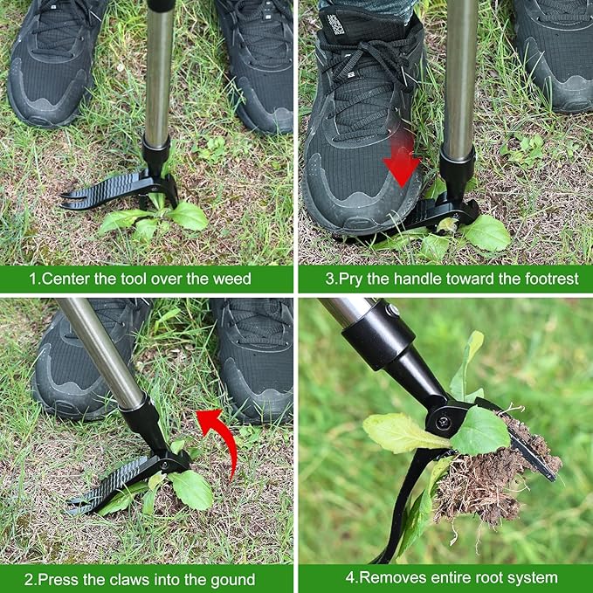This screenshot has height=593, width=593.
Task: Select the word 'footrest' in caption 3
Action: [552, 279]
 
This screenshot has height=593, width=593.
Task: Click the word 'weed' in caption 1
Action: [231, 279]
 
